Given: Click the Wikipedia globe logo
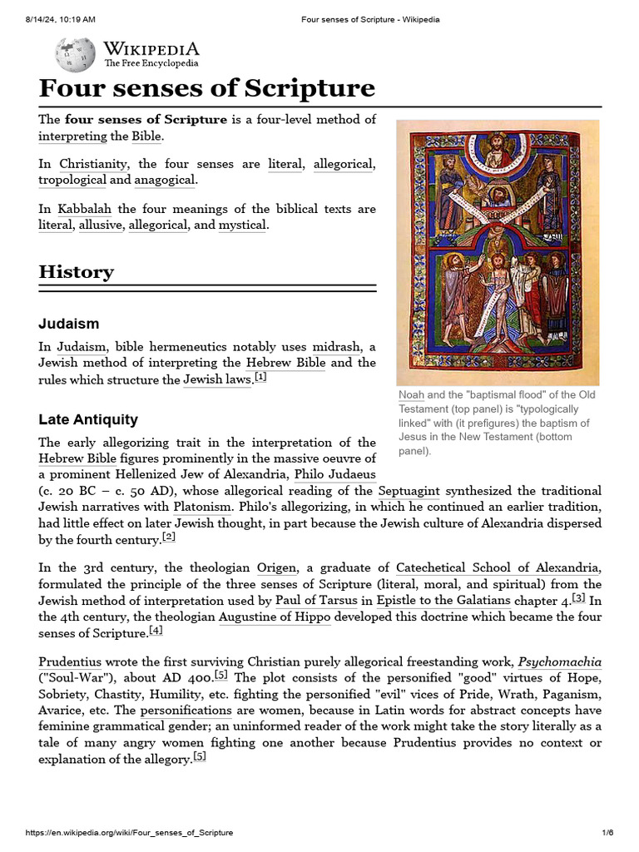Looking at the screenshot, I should tap(74, 54).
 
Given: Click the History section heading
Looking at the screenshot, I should tap(77, 272).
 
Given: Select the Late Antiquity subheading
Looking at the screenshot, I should tap(88, 419).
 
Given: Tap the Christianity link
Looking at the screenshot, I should tap(93, 164).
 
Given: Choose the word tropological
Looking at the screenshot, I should tap(72, 180).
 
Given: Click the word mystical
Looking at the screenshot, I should tap(242, 225).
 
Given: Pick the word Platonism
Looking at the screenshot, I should tap(201, 506).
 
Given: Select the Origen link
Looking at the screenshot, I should tap(276, 567).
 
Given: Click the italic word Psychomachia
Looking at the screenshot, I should tap(560, 662).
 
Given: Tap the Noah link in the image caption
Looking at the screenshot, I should tap(411, 394).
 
